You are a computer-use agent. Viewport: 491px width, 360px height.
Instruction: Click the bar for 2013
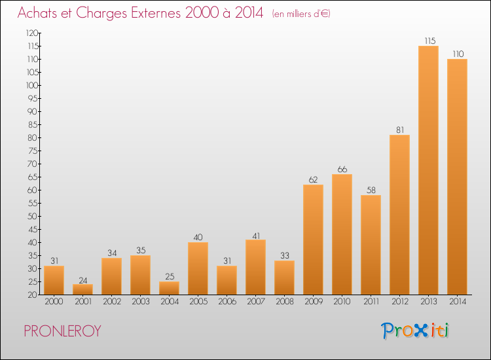(x=428, y=170)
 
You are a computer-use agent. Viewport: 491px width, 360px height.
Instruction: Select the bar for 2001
(x=82, y=289)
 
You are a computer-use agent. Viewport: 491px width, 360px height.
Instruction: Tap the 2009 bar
(x=313, y=240)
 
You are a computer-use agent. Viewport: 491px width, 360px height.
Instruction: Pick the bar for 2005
(x=198, y=268)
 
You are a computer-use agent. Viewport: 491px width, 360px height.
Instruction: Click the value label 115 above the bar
(x=430, y=41)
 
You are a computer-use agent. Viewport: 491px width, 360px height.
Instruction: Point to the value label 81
(x=400, y=130)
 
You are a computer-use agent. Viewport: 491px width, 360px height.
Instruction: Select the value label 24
(x=83, y=281)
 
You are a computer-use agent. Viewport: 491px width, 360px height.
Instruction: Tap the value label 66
(x=342, y=170)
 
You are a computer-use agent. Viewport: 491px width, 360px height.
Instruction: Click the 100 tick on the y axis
(x=32, y=86)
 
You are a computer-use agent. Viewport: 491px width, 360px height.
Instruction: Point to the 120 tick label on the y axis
(x=32, y=33)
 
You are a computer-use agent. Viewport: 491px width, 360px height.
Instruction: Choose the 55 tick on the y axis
(x=33, y=204)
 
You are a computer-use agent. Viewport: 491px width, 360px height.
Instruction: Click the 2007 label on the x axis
(x=256, y=302)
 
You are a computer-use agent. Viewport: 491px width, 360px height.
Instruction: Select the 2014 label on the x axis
(x=458, y=302)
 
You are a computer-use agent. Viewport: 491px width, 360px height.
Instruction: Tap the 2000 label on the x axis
(x=54, y=302)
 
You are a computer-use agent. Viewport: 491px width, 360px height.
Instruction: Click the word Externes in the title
(x=156, y=13)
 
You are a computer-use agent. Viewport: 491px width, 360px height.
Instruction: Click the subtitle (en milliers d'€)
(x=301, y=14)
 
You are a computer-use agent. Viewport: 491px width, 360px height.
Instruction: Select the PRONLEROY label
(x=62, y=331)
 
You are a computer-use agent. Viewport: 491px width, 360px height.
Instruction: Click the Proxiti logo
(x=415, y=331)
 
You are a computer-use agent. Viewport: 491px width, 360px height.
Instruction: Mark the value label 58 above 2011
(x=371, y=190)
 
